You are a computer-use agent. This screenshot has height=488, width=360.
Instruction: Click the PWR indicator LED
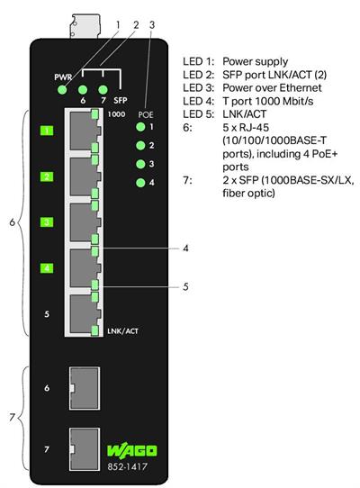click(x=62, y=89)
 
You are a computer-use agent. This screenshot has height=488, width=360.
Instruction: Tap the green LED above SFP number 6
click(x=83, y=89)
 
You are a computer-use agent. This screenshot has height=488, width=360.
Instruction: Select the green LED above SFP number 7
click(x=103, y=89)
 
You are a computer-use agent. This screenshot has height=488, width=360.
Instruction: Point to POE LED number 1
click(x=139, y=128)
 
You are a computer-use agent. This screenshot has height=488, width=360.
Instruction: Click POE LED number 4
click(x=139, y=183)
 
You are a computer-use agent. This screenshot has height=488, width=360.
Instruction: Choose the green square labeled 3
click(x=47, y=221)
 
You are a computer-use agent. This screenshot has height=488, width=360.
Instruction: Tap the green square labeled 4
click(x=47, y=267)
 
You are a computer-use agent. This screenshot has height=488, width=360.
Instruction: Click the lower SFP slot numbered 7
click(x=84, y=446)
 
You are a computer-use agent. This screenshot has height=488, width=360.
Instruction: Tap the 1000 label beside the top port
click(x=115, y=115)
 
